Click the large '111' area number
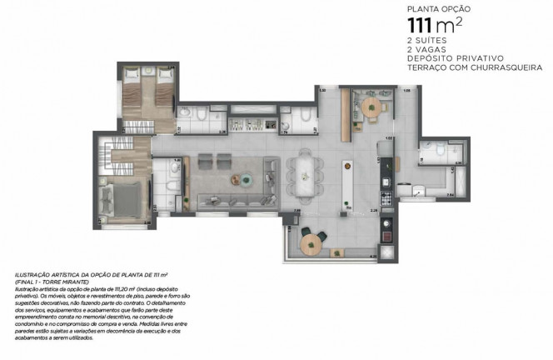pyautogui.click(x=421, y=28)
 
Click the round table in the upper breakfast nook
pyautogui.click(x=367, y=107)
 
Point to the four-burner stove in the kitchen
pyautogui.click(x=386, y=199)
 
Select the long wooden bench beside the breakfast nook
pyautogui.click(x=344, y=117)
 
